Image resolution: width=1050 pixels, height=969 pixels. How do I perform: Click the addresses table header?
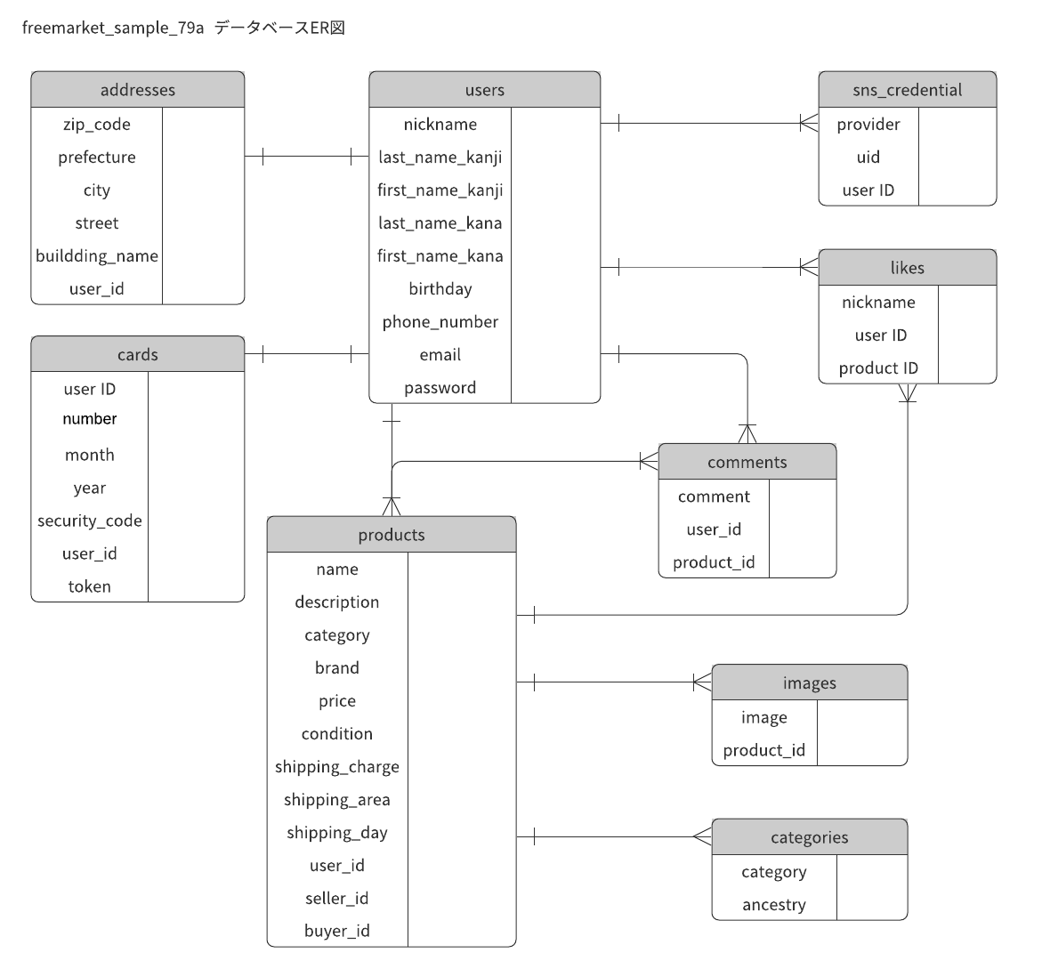137,90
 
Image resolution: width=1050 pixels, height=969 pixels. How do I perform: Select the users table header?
484,90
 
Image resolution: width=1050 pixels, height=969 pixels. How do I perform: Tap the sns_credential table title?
907,90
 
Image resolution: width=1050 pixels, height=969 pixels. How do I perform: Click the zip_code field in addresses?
96,125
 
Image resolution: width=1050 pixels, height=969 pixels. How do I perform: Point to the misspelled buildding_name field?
96,256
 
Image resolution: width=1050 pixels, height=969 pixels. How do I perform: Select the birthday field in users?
440,289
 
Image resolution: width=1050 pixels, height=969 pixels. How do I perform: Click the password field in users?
440,388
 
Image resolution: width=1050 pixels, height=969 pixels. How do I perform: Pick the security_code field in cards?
89,521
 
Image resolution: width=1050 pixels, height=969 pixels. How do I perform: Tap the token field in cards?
89,587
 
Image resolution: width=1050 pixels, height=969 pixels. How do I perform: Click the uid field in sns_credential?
868,157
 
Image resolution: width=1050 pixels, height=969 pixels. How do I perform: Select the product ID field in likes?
878,368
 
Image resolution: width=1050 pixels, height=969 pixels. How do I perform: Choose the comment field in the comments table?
714,497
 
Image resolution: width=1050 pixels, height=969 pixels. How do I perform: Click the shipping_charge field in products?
336,767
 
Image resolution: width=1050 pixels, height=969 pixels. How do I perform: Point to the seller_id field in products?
336,899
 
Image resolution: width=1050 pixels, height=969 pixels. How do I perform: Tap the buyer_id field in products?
336,932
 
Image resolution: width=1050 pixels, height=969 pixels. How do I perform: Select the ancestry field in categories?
773,905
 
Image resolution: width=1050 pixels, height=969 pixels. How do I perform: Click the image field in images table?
763,718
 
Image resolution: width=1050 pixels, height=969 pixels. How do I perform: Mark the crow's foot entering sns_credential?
809,124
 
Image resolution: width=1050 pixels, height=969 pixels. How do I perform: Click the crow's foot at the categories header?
702,837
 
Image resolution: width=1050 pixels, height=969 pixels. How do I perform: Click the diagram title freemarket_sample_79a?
113,28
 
